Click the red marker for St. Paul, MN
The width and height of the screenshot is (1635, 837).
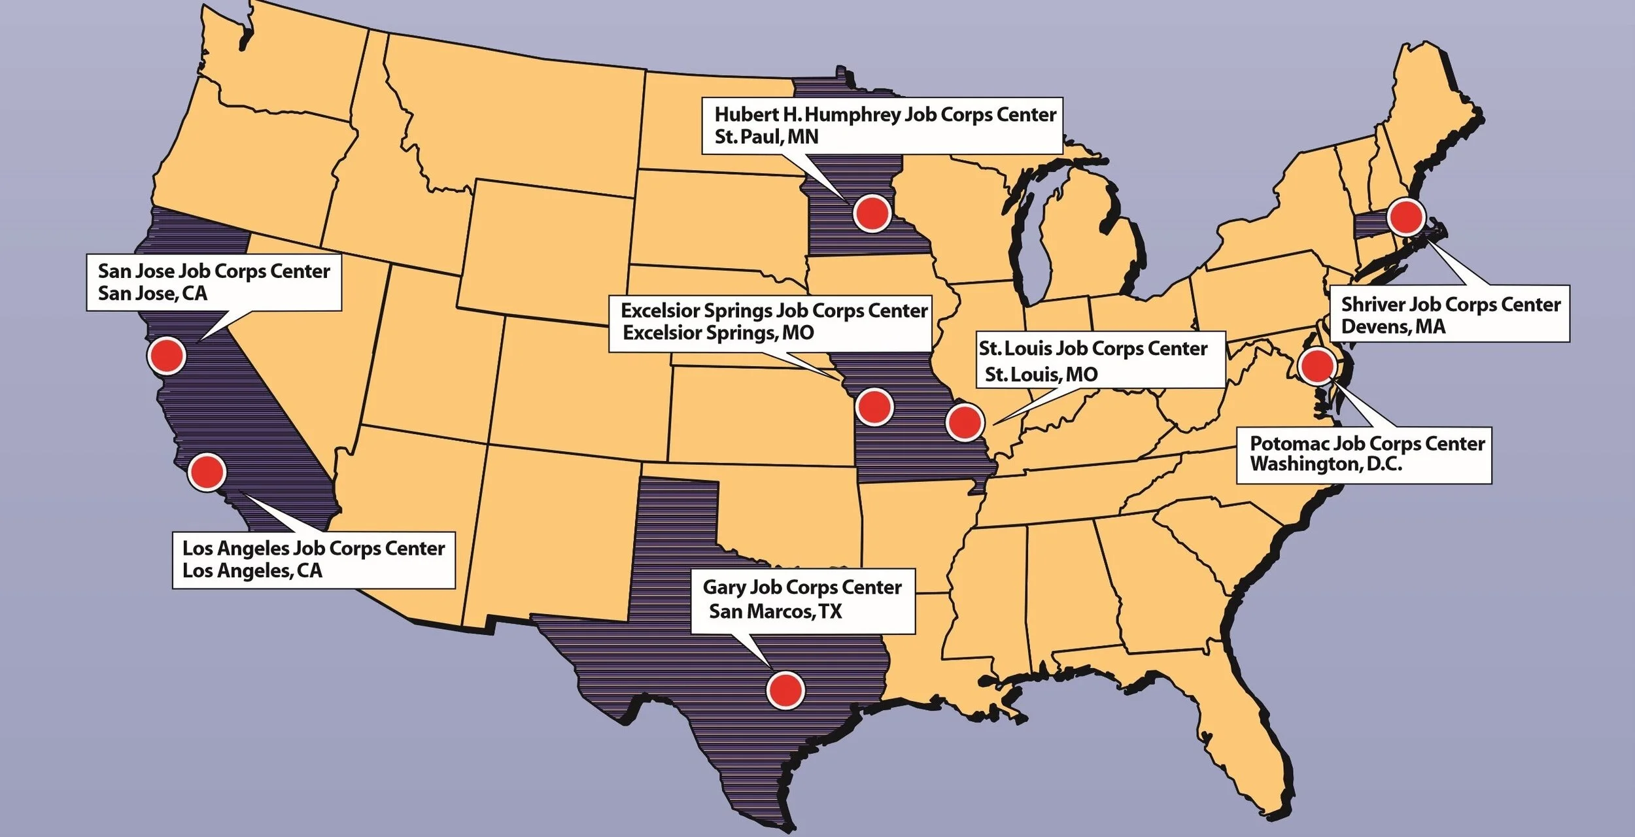pyautogui.click(x=872, y=213)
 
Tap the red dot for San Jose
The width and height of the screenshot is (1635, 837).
pyautogui.click(x=167, y=356)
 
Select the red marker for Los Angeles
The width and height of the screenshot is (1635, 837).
pyautogui.click(x=207, y=471)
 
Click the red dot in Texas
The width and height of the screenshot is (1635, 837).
pyautogui.click(x=785, y=690)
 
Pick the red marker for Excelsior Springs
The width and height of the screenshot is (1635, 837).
pyautogui.click(x=874, y=407)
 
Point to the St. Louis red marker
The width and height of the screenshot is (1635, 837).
pyautogui.click(x=965, y=422)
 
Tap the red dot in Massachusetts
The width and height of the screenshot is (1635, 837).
pyautogui.click(x=1406, y=217)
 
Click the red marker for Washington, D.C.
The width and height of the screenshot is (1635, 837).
pyautogui.click(x=1317, y=366)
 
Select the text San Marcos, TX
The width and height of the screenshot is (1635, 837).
pyautogui.click(x=775, y=611)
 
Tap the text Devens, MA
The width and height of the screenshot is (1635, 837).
pyautogui.click(x=1393, y=326)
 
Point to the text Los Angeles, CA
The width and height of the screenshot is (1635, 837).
pyautogui.click(x=252, y=571)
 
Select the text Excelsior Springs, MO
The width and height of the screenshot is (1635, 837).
pyautogui.click(x=717, y=333)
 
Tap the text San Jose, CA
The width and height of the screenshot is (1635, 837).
pyautogui.click(x=152, y=293)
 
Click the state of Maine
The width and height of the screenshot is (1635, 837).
pyautogui.click(x=1432, y=124)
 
